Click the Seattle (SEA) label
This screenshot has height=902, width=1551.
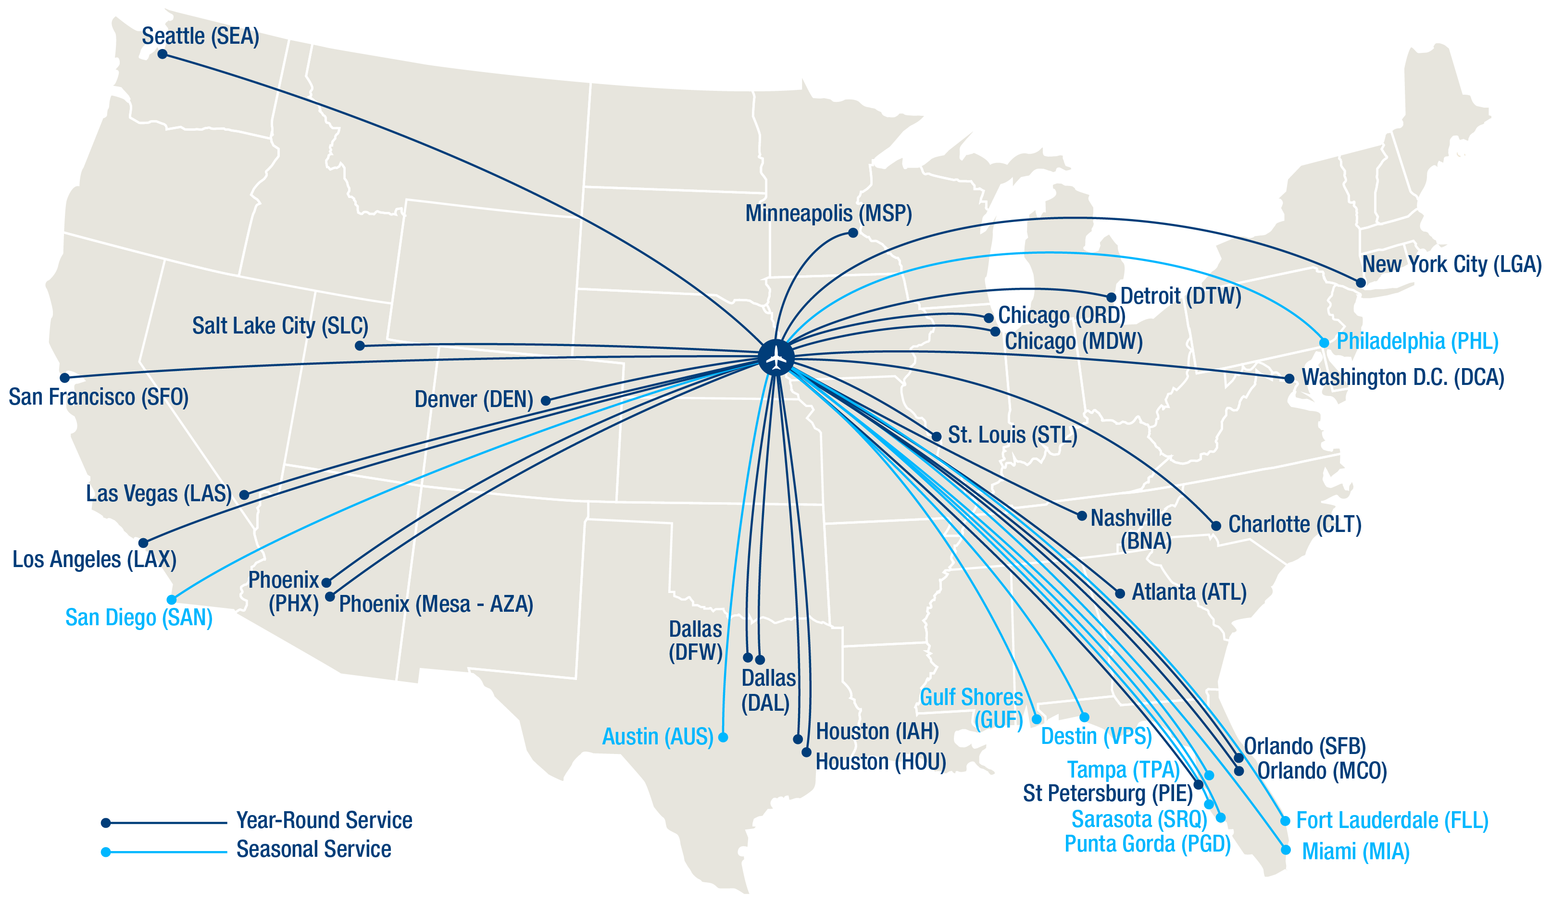point(200,37)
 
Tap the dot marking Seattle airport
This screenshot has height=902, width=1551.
point(163,54)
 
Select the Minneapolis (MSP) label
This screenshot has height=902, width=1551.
point(828,213)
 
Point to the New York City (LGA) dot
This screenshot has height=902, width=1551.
point(1361,283)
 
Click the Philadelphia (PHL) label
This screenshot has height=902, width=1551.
point(1417,341)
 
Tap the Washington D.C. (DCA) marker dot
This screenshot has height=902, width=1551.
point(1289,378)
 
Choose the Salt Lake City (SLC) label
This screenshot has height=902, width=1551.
point(280,325)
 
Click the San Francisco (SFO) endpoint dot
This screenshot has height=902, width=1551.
point(64,378)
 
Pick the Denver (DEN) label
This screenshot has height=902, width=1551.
point(473,399)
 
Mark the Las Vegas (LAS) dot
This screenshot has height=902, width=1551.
point(244,494)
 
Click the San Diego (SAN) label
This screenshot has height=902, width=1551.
point(139,617)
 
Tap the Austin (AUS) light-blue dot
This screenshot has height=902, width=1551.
point(723,737)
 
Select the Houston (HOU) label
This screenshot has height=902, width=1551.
point(880,762)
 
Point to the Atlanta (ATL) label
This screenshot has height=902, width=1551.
point(1189,592)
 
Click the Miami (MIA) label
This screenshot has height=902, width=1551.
point(1356,852)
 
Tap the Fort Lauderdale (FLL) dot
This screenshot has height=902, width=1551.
point(1285,821)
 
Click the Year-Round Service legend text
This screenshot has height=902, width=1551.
point(325,820)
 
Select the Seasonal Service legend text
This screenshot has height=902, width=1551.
point(314,849)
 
